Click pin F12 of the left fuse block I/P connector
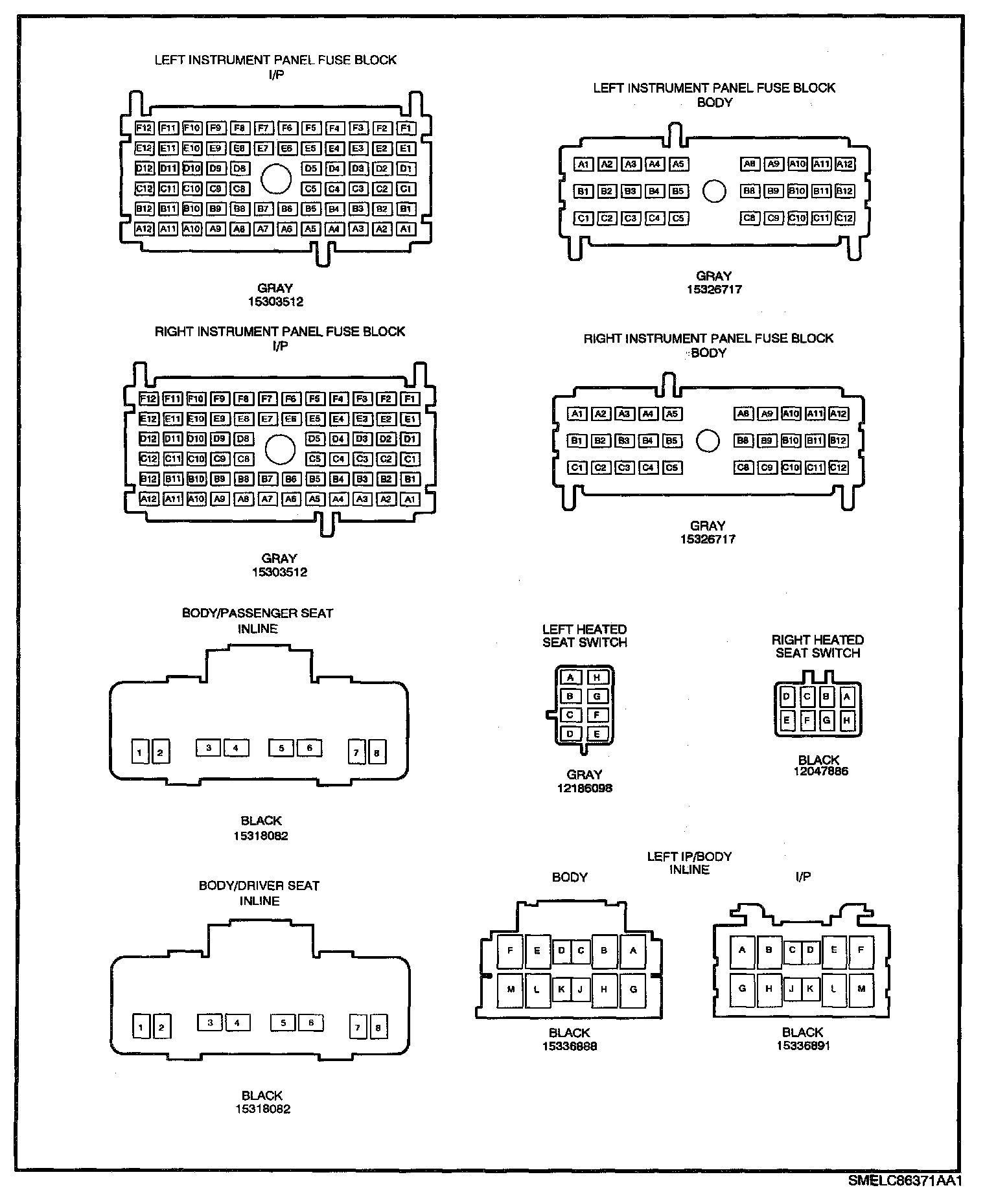tap(144, 128)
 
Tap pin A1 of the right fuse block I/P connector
tap(410, 499)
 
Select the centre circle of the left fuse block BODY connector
tap(714, 191)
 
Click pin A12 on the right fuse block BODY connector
tap(838, 414)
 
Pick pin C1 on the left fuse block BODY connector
tap(583, 218)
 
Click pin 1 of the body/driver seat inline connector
tap(141, 1027)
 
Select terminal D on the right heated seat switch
tap(787, 697)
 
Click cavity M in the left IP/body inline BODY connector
tap(511, 989)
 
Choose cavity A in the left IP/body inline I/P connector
tap(742, 950)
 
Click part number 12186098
tap(584, 788)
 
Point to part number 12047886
tap(820, 772)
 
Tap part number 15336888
tap(570, 1046)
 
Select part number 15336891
tap(803, 1046)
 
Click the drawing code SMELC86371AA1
tap(905, 1180)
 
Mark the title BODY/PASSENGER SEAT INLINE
tap(257, 621)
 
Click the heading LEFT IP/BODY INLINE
tap(689, 863)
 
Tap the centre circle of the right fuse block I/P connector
tap(280, 449)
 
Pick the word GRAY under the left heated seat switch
tap(584, 775)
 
